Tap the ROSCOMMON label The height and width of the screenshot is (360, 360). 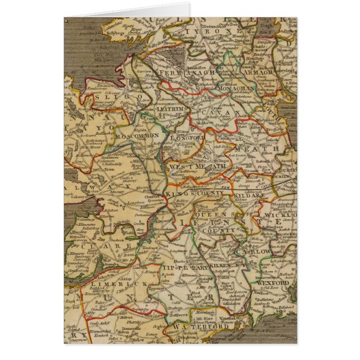[x=132, y=136]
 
